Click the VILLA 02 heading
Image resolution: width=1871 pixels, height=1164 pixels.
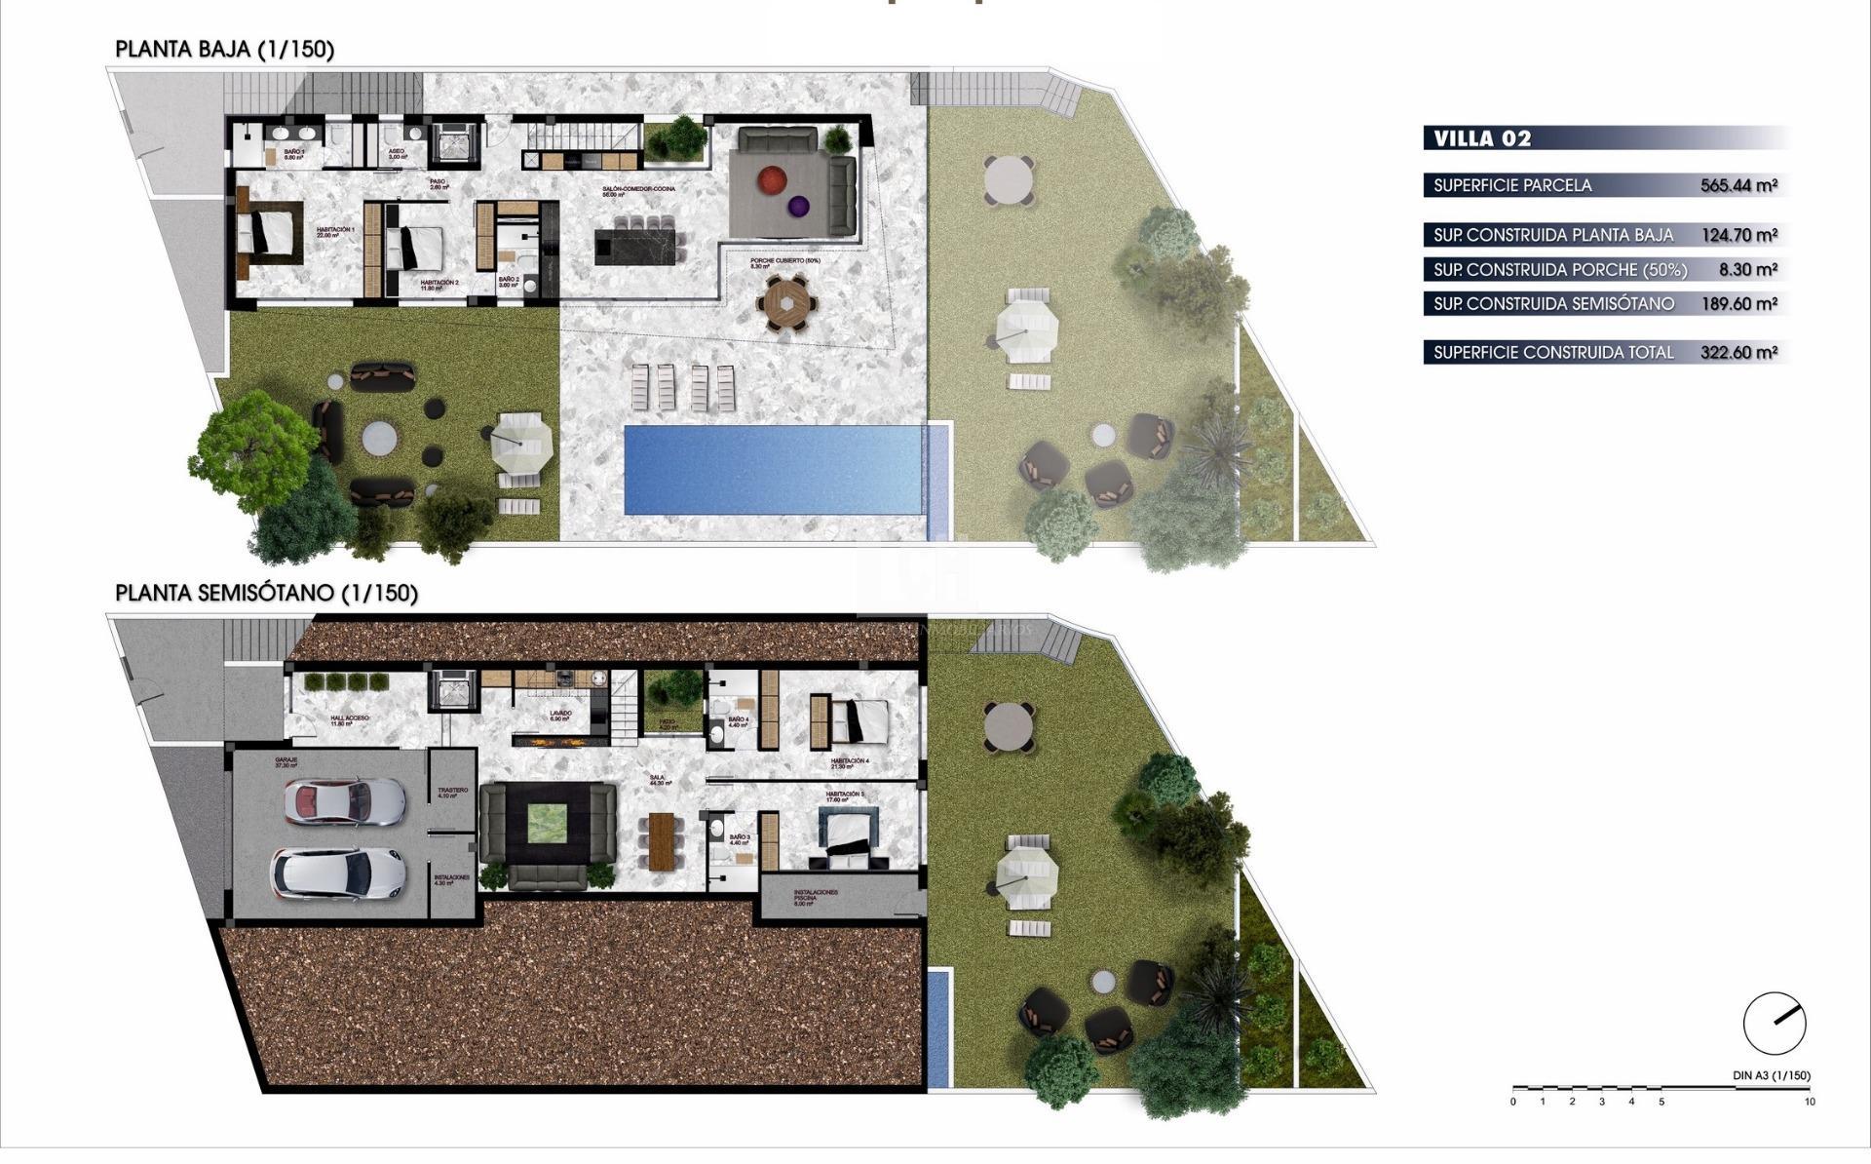point(1482,138)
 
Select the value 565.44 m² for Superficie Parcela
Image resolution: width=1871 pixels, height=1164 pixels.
point(1738,185)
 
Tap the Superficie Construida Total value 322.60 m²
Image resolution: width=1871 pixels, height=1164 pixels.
point(1738,352)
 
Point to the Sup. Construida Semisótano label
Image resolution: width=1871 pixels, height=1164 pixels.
point(1553,303)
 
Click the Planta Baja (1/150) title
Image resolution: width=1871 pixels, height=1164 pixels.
point(224,50)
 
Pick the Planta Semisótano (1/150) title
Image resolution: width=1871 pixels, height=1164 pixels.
point(266,593)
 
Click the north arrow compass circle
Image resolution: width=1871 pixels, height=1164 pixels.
point(1774,1024)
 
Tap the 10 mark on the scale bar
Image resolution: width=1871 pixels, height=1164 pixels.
point(1810,1102)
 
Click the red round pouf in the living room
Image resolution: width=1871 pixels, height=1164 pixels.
point(773,179)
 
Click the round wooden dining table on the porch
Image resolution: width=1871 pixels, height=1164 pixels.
point(785,302)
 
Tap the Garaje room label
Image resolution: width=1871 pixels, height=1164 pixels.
point(286,761)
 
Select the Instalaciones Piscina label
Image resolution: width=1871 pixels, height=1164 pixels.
point(816,896)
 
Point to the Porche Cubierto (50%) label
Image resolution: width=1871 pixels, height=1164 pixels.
point(785,262)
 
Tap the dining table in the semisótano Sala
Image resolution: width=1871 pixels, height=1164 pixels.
point(664,839)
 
